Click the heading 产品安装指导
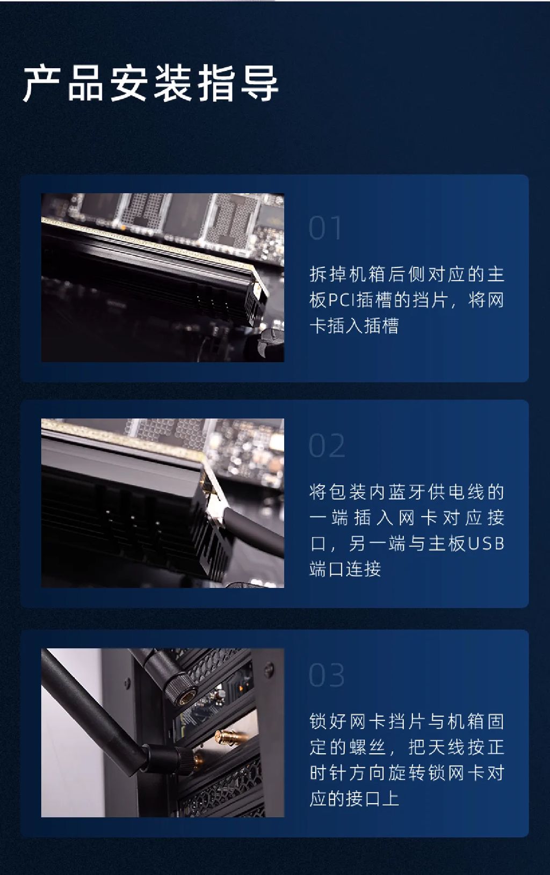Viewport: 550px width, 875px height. coord(150,84)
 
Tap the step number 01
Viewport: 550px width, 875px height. coord(325,228)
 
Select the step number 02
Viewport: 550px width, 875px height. coord(327,446)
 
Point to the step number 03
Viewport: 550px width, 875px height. coord(327,675)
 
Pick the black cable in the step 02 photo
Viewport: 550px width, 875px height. coord(254,531)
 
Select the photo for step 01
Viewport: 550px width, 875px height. coord(163,278)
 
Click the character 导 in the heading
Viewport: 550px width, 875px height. coord(259,84)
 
